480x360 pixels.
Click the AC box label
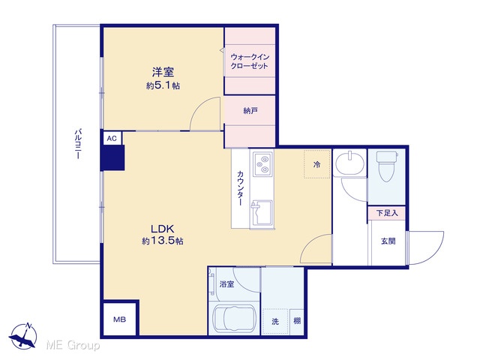point(112,139)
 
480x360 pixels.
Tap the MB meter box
point(120,319)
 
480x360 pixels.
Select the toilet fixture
point(387,166)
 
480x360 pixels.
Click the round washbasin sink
point(350,163)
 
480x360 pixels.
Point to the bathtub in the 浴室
point(235,318)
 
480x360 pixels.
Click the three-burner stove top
point(262,163)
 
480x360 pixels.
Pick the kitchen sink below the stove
point(261,213)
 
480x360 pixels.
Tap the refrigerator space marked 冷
point(317,164)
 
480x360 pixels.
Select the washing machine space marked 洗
point(275,322)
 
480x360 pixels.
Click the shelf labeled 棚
point(297,322)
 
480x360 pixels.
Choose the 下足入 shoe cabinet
point(387,212)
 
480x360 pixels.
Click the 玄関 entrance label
point(388,241)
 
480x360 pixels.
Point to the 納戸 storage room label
point(250,110)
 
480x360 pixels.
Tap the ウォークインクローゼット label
point(250,61)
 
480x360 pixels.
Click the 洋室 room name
point(163,72)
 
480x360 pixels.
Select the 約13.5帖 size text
point(163,241)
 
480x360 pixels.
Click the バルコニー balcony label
point(78,144)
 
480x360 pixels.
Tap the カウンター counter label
point(240,188)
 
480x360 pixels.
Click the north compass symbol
point(23,336)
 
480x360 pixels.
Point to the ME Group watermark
point(73,345)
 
